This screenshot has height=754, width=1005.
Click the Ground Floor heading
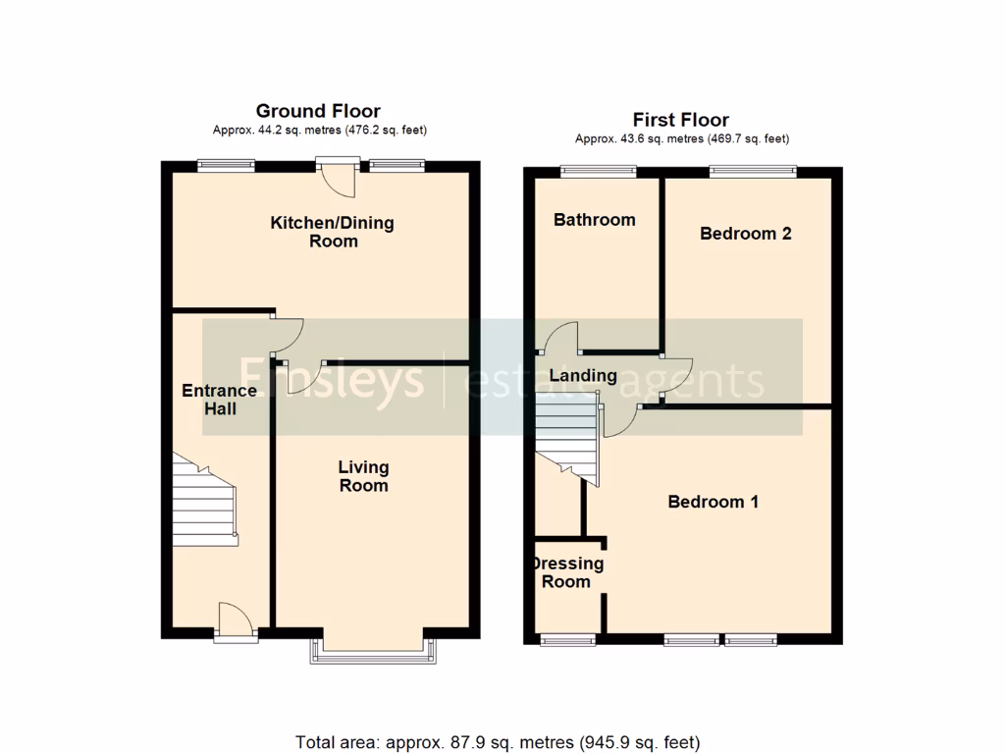coord(318,111)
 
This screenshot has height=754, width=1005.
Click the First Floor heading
coord(680,120)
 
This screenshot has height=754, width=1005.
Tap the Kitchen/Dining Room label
coord(333,232)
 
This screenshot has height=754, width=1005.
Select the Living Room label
coord(363,476)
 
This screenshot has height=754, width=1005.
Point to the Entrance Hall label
coord(220,399)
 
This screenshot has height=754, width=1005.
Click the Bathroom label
coord(594,220)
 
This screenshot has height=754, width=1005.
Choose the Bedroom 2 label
coord(745,234)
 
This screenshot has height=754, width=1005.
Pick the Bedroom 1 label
coord(713,502)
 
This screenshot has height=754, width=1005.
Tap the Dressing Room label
coord(567,572)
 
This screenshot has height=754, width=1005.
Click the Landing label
coord(583,375)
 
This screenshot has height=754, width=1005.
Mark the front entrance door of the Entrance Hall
coord(236,622)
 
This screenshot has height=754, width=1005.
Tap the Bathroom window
coord(598,172)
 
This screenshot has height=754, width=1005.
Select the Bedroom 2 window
coord(752,172)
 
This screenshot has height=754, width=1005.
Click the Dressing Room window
coord(566,640)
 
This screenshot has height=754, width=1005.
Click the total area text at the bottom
coord(498,741)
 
